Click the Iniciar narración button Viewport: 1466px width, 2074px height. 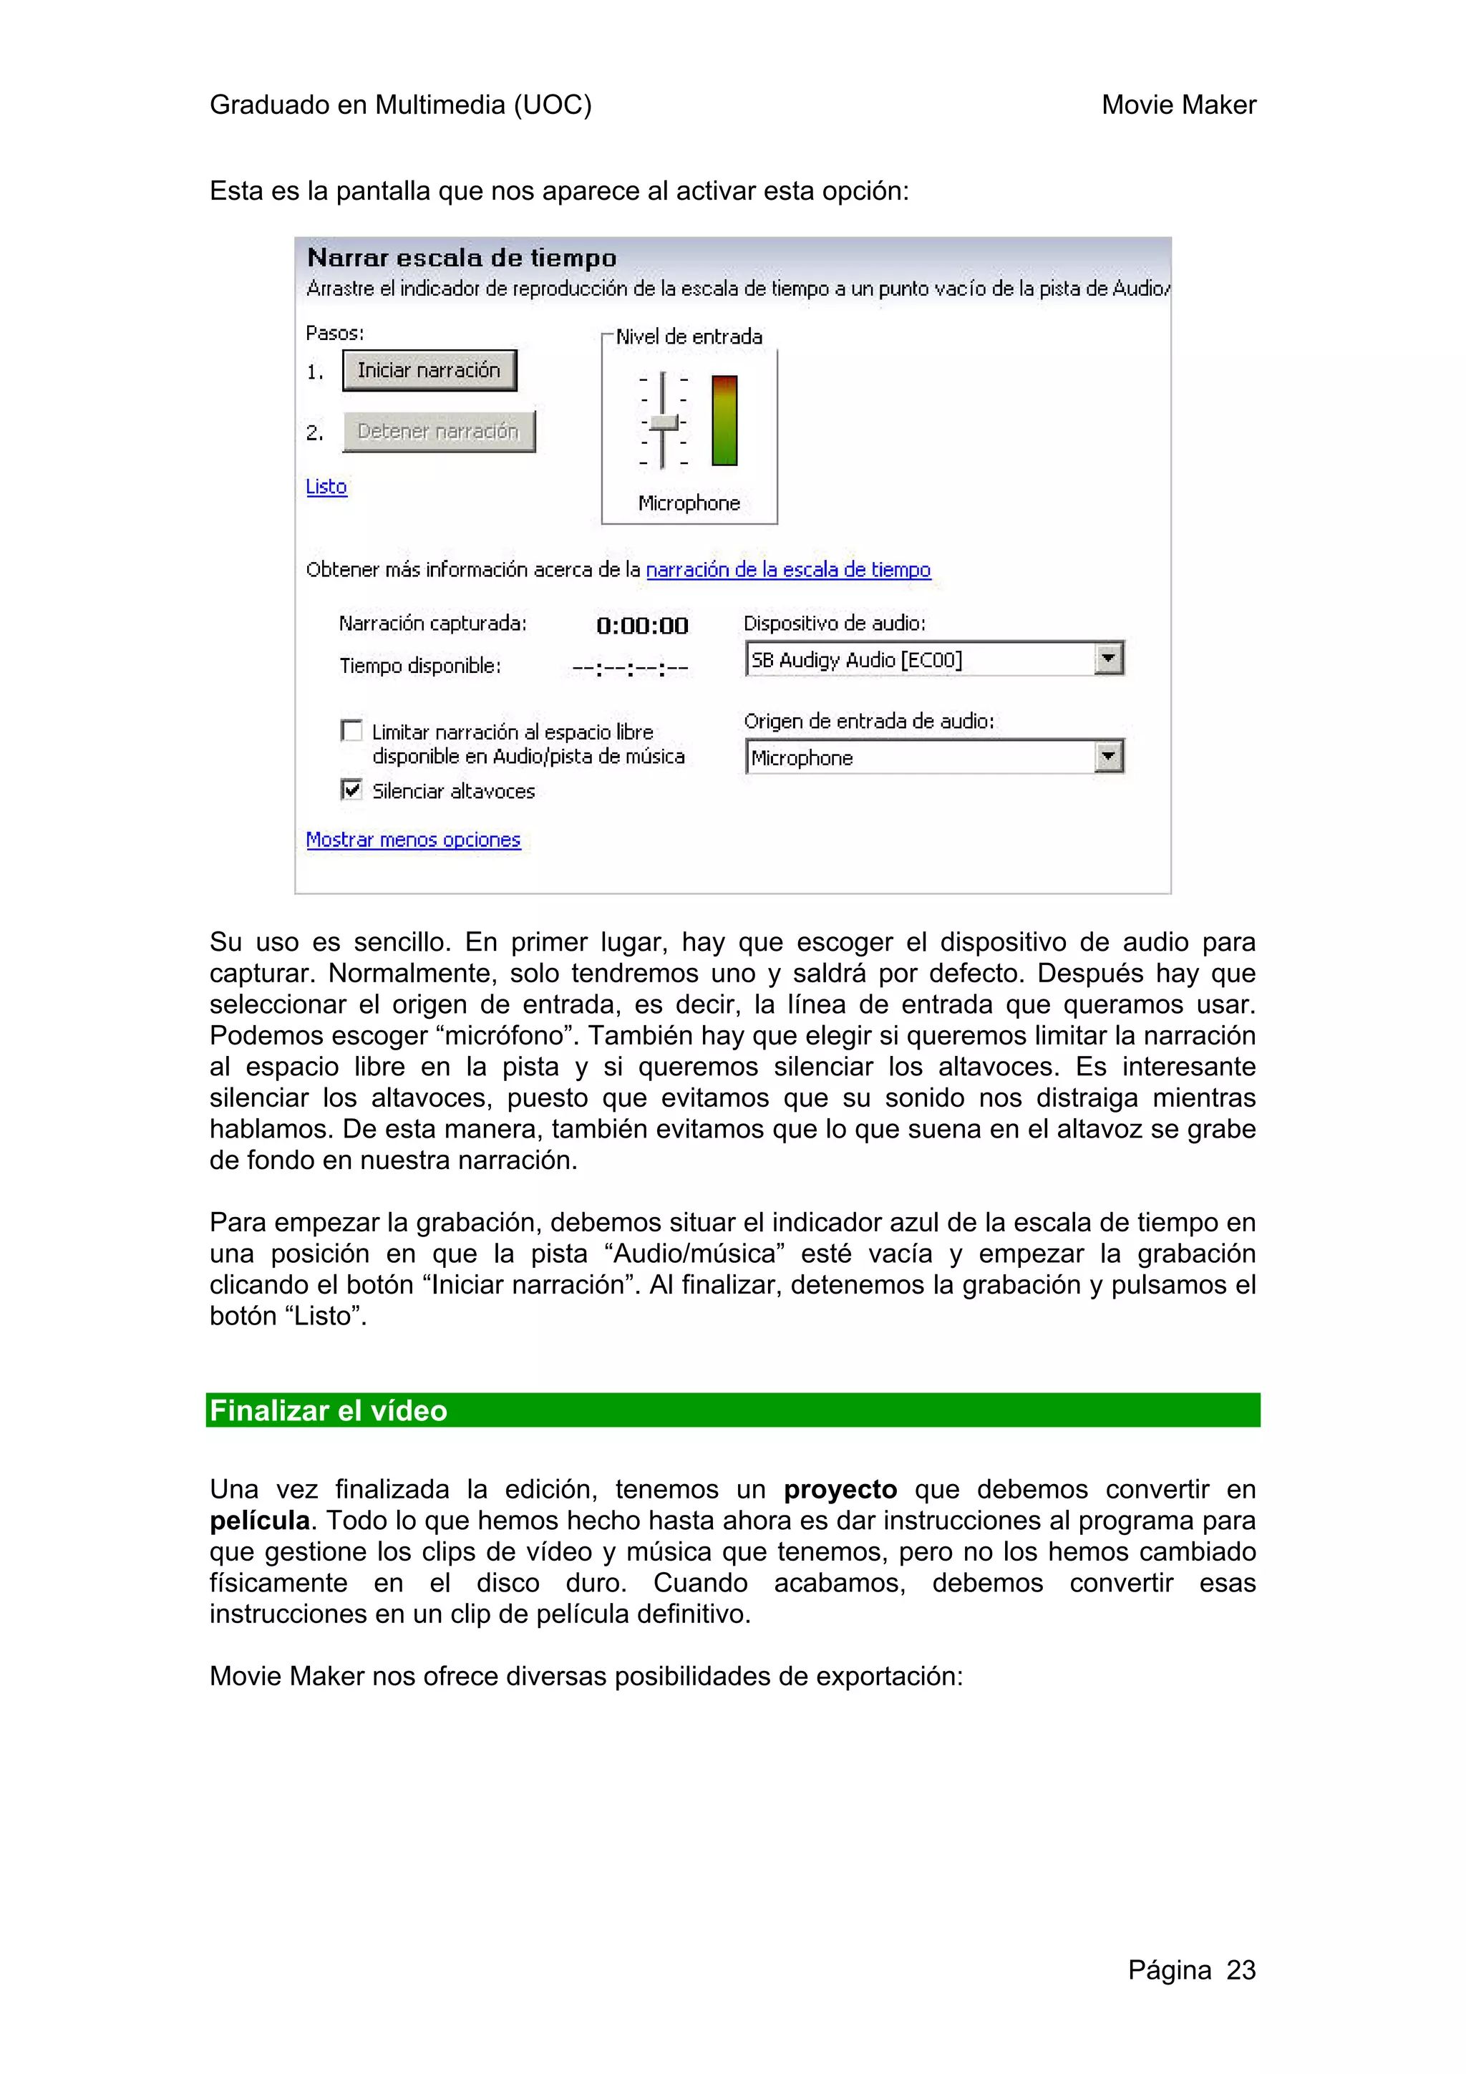coord(429,370)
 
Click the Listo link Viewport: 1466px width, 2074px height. coord(326,487)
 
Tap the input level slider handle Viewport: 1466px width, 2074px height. coord(664,422)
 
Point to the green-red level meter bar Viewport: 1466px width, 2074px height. coord(724,420)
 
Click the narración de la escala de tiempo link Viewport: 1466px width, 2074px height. coord(787,570)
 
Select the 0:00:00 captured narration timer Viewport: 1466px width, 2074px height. coord(642,625)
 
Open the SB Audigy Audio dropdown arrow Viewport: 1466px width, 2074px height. coord(1108,659)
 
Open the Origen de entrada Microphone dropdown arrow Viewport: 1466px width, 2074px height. coord(1108,757)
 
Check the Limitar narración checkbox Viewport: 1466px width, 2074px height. coord(351,730)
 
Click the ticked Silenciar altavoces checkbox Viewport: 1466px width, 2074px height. coord(351,790)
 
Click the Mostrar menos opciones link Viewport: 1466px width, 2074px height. coord(413,840)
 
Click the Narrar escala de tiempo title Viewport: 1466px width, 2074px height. coord(462,258)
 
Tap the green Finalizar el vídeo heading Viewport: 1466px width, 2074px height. coord(329,1410)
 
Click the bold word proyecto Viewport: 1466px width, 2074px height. coord(840,1490)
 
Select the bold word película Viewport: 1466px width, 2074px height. coord(260,1521)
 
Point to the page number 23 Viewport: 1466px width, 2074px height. coord(1241,1970)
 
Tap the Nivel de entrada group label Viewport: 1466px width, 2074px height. coord(689,337)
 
